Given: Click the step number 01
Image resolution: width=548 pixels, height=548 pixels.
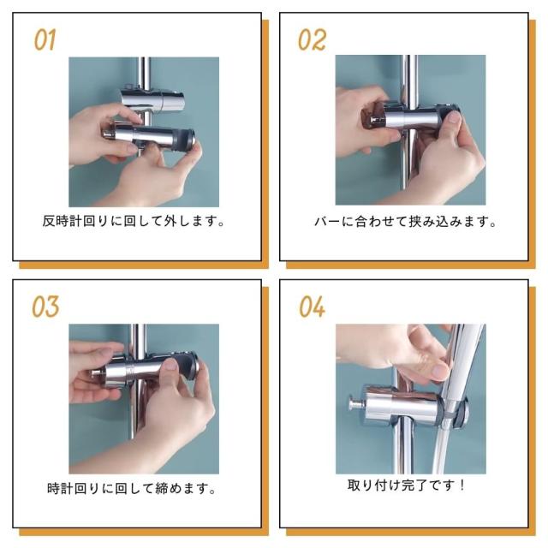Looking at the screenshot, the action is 45,39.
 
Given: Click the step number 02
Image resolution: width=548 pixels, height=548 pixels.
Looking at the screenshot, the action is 312,39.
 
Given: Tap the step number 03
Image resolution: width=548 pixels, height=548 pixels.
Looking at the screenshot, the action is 45,307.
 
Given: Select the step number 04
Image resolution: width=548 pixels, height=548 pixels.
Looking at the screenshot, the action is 312,307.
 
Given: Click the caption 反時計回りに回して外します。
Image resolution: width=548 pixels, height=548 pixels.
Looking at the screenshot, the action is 134,221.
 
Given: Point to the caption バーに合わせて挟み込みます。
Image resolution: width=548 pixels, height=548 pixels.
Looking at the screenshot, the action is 405,222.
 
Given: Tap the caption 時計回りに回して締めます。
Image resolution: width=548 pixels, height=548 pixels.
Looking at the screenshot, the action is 131,488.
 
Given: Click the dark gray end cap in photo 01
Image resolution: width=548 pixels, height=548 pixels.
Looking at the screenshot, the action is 188,140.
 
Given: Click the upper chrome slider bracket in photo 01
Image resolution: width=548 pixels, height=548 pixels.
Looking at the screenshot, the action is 152,99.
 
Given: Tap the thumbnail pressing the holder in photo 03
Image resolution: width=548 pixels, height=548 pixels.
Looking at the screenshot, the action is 170,366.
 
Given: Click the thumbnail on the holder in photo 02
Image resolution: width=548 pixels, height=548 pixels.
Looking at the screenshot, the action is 454,117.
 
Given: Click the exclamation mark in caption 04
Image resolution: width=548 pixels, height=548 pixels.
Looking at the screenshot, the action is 462,485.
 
